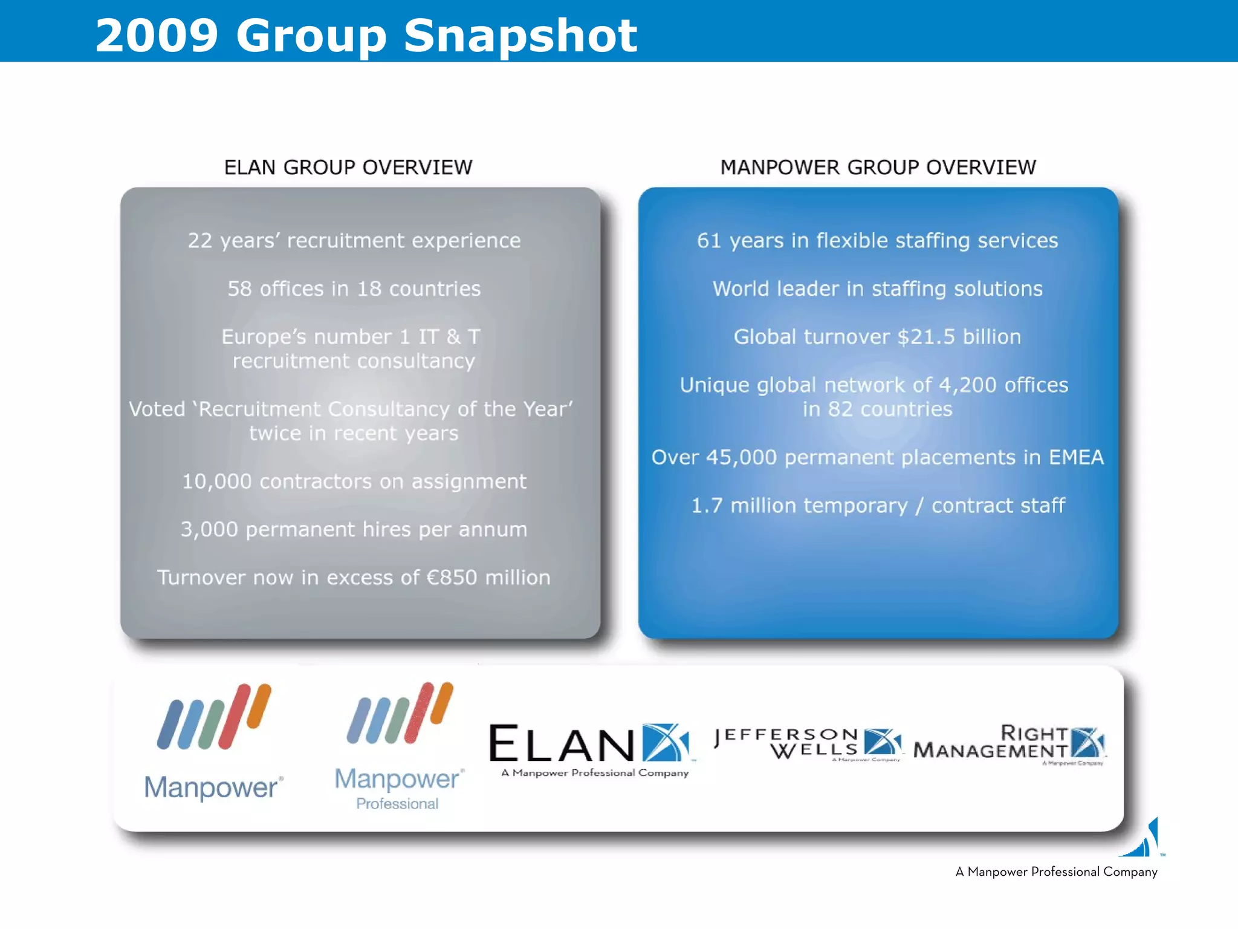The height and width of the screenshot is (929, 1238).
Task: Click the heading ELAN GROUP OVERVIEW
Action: tap(348, 168)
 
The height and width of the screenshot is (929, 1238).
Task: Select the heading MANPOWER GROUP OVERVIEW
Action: tap(878, 168)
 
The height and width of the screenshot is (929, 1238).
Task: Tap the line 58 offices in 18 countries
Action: tap(354, 289)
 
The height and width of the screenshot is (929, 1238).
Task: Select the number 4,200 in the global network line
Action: tap(967, 385)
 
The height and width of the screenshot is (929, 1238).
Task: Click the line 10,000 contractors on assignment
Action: tap(354, 481)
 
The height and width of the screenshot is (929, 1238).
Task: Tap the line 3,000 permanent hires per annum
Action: tap(354, 530)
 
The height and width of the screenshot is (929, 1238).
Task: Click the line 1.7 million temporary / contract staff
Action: tap(878, 506)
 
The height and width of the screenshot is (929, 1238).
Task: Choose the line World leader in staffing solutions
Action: tap(878, 289)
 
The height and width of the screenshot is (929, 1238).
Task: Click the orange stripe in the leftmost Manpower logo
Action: tap(259, 705)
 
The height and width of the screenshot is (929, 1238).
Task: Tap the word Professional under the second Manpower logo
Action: tap(397, 804)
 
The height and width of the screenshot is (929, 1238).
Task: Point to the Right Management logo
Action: tap(1010, 743)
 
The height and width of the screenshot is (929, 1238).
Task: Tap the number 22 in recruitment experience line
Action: tap(199, 241)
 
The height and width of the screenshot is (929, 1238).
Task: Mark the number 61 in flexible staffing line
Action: tap(708, 241)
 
